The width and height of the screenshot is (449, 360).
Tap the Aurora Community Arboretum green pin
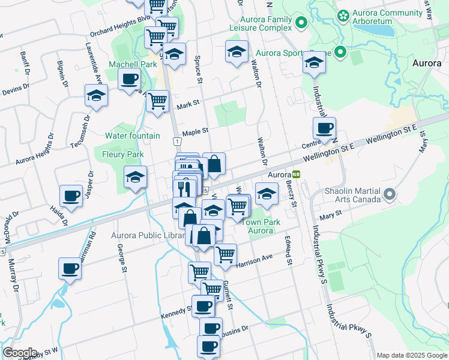(x=343, y=16)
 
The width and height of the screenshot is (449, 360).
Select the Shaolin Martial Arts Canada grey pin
(x=390, y=194)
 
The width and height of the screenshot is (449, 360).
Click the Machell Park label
(x=133, y=64)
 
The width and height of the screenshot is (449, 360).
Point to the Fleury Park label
(x=123, y=154)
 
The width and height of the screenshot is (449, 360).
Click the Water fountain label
(x=133, y=136)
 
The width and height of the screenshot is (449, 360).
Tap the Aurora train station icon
(x=297, y=175)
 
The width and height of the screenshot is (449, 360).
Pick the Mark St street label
(x=188, y=104)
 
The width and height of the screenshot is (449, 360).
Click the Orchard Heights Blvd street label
(x=119, y=26)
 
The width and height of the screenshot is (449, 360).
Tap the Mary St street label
(x=330, y=213)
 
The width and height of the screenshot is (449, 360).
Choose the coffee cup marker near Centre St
(x=325, y=127)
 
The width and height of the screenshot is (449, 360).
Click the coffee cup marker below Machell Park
(x=129, y=79)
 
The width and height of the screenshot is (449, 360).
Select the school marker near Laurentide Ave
(x=96, y=95)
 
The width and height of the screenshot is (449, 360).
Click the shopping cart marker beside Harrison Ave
(x=225, y=253)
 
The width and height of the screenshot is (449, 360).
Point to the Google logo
(x=20, y=352)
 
